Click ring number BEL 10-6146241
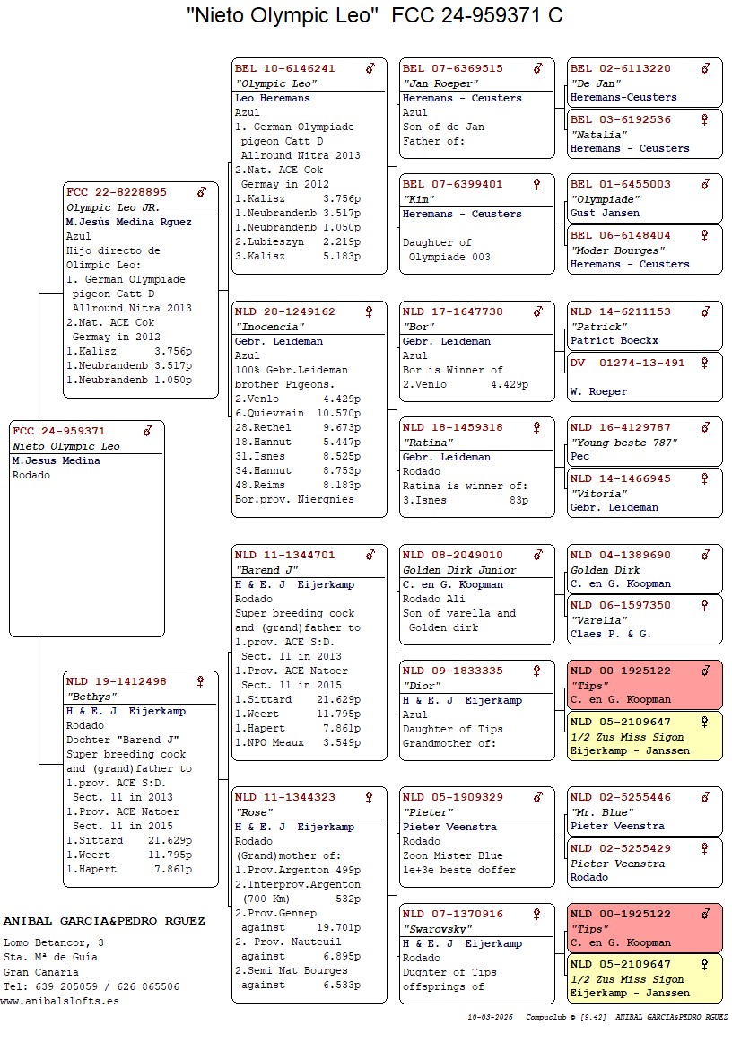coord(284,68)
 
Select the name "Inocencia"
coord(262,327)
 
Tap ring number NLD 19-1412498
coord(116,681)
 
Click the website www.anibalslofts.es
coord(61,1001)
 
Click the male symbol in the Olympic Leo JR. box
coord(202,192)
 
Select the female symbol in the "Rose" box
coord(369,797)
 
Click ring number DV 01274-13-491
coord(627,363)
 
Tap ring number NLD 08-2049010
coord(453,555)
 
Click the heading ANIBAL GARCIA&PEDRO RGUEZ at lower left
coord(104,921)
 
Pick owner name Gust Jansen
coord(605,214)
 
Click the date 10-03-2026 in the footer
coord(490,1018)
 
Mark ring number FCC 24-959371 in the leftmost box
coord(59,431)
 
